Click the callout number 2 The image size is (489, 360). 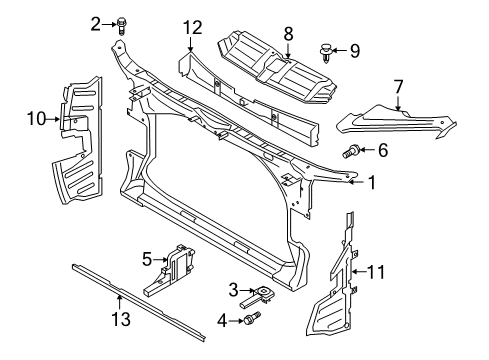pos(96,24)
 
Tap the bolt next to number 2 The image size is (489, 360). pos(121,26)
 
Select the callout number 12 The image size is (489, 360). pos(192,28)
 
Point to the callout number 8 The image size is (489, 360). pos(288,34)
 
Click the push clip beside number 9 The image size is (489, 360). pos(324,53)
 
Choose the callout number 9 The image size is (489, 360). pos(355,51)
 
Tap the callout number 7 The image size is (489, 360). pos(398,86)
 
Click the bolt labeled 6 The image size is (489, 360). pos(351,151)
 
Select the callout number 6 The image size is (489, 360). pos(383,150)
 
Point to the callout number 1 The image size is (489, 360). pos(372,182)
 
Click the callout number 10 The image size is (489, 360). pos(36,119)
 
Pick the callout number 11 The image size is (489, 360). pos(376,272)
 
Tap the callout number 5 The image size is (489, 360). pos(147,259)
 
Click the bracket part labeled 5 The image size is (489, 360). pos(170,270)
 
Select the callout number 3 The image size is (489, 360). pos(233,290)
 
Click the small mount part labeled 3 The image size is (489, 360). pos(257,296)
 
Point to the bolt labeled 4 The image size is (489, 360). pos(252,318)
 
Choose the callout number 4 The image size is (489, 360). pos(222,321)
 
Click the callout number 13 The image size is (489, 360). pos(121,319)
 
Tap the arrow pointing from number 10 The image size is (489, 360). pos(53,119)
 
